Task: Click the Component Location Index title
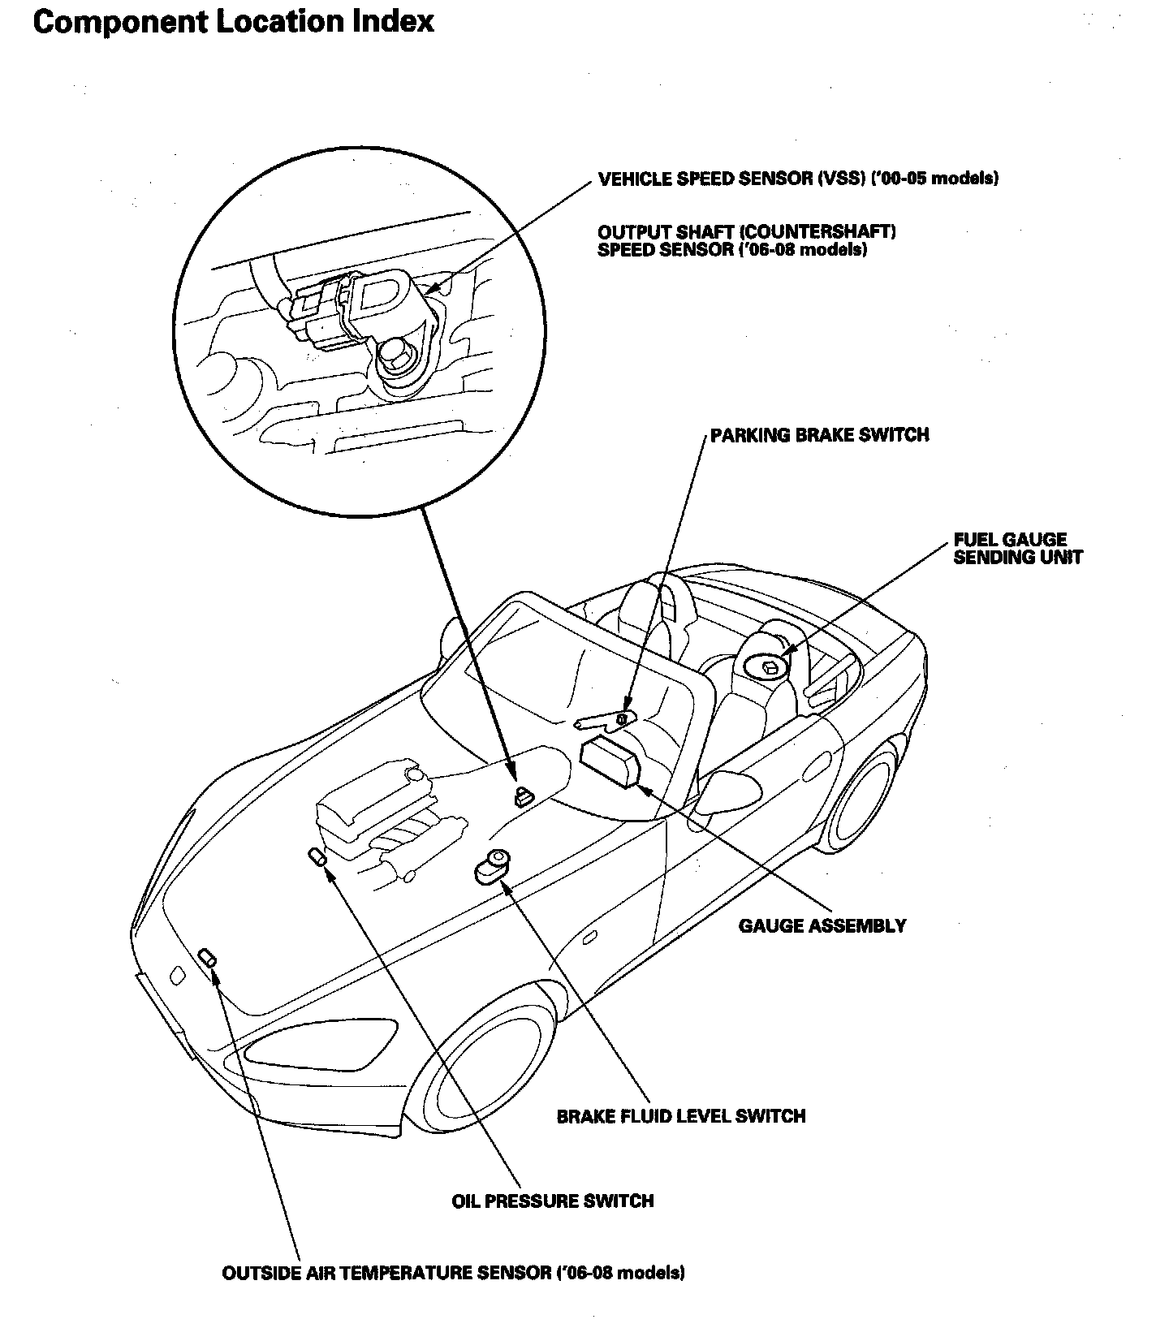[234, 21]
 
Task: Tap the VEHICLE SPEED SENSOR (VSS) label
[797, 179]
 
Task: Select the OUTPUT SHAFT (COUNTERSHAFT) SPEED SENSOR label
[746, 241]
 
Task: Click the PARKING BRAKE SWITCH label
[819, 435]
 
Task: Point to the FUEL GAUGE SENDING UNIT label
[1017, 549]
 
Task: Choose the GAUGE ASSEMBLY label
[822, 925]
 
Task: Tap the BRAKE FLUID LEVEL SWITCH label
[681, 1116]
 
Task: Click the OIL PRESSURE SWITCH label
[552, 1201]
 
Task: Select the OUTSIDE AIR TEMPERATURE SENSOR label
[453, 1273]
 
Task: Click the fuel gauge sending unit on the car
[769, 667]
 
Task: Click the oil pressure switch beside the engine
[317, 856]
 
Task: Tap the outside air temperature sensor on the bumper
[208, 957]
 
